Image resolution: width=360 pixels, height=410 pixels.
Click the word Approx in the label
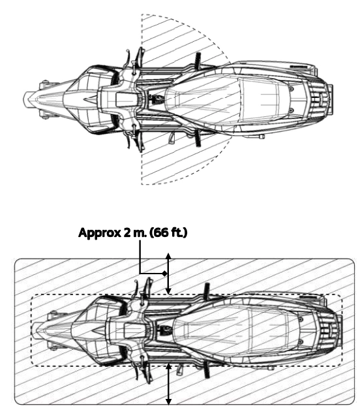tap(99, 233)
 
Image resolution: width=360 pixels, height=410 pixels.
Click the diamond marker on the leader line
tap(164, 274)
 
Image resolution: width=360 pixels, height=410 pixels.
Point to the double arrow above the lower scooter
tap(168, 274)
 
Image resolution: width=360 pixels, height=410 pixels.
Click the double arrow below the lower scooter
tap(169, 384)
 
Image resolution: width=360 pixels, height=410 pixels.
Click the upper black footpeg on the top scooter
tap(198, 61)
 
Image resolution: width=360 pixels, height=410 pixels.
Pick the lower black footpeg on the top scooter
tap(198, 138)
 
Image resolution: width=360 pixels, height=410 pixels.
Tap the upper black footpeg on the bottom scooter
tap(207, 291)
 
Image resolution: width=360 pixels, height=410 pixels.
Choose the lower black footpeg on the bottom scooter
tap(207, 370)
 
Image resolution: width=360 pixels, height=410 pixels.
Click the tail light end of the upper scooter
tap(330, 99)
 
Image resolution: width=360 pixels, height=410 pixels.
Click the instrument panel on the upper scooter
tap(127, 100)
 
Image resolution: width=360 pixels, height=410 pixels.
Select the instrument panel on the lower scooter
tap(134, 330)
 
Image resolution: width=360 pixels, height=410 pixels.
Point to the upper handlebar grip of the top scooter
tap(141, 56)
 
